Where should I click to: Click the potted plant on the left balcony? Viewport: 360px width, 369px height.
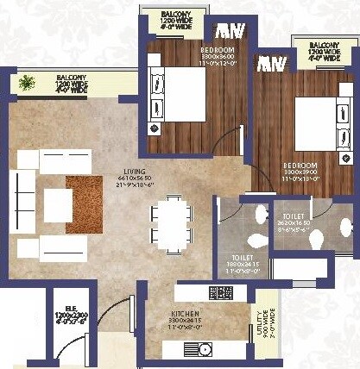[26, 83]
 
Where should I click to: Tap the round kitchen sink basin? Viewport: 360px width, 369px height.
[204, 348]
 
